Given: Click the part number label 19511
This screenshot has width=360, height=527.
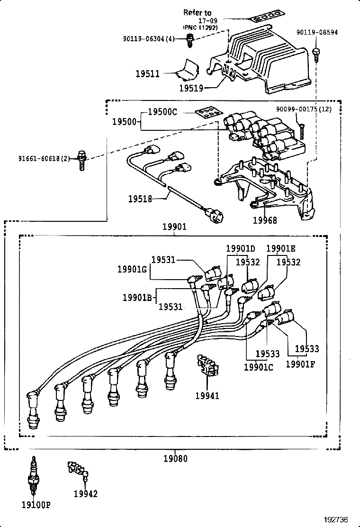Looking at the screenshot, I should pos(147,74).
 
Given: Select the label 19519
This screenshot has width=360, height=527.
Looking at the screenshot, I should pos(191,88).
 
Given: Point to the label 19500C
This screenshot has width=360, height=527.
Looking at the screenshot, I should pos(162,112).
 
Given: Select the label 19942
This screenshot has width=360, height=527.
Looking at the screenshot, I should pos(85,494).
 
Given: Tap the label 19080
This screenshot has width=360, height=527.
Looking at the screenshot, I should pos(175,458).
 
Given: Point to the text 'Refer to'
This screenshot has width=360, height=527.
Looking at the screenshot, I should pos(198,13).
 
